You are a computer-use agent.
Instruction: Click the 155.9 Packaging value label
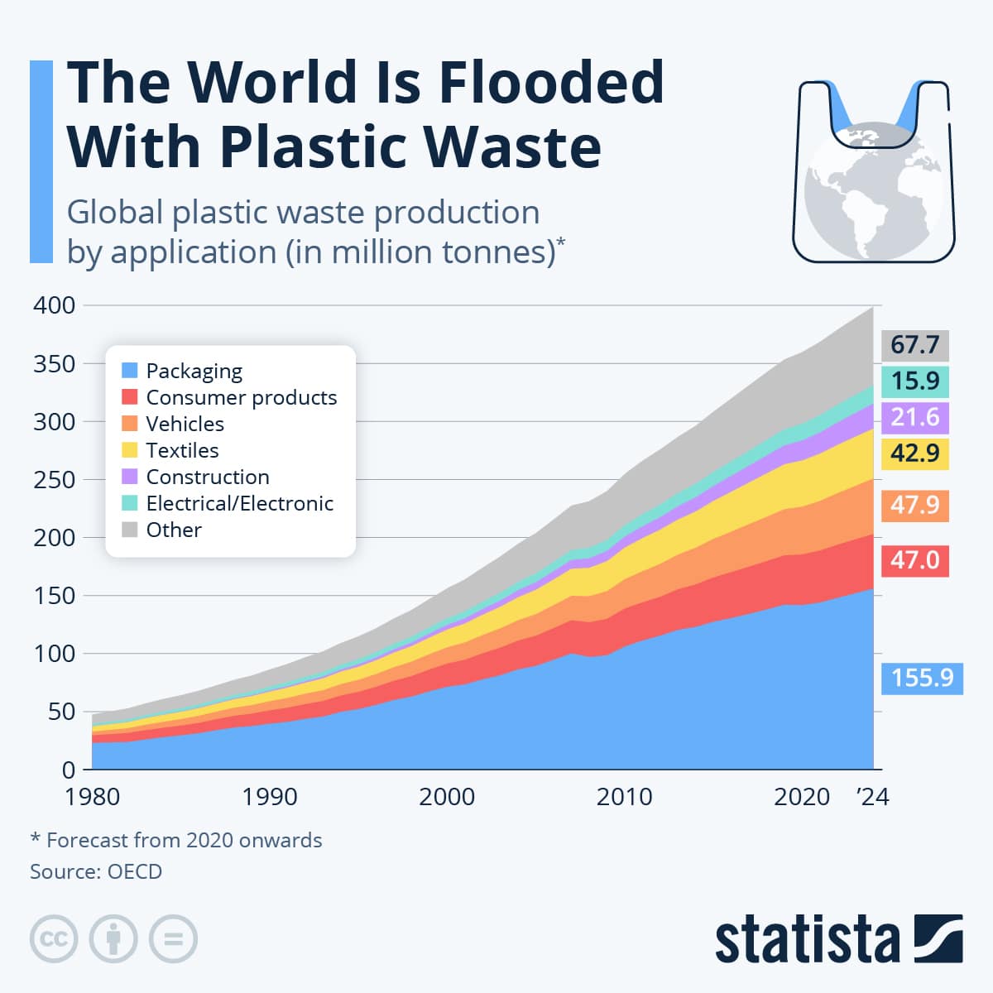coord(922,679)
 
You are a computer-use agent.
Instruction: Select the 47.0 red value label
coord(914,561)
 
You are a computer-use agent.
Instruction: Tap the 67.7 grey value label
coord(914,344)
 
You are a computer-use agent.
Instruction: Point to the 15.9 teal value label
coord(914,381)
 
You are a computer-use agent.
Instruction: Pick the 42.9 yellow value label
coord(914,453)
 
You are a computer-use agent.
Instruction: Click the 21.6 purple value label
coord(914,417)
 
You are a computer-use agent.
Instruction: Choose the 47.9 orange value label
coord(914,505)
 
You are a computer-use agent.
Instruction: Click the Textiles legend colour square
coord(129,450)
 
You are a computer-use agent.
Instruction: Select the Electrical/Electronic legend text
coord(239,503)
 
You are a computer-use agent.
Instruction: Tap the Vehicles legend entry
coord(185,424)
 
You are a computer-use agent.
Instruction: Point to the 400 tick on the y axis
coord(54,305)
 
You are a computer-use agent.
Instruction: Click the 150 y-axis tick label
coord(54,596)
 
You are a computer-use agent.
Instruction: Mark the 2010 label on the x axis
coord(624,797)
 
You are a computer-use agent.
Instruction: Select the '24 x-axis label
coord(872,797)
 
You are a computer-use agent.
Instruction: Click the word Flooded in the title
coord(550,83)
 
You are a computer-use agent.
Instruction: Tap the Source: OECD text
coord(96,871)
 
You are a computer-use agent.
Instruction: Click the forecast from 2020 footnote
coord(176,841)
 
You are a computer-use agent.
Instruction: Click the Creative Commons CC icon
coord(54,939)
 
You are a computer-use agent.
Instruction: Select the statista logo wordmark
coord(807,939)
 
